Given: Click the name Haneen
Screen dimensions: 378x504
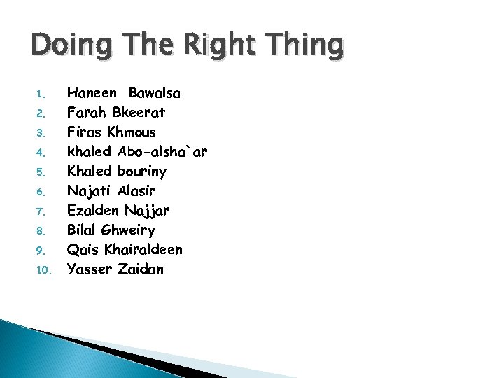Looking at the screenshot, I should click(x=93, y=93).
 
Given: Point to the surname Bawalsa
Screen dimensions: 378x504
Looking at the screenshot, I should click(x=155, y=93).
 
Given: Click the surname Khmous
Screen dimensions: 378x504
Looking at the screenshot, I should click(x=132, y=132).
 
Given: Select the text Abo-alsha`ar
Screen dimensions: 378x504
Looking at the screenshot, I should click(x=162, y=152).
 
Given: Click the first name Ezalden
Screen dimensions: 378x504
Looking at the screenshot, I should click(x=93, y=211).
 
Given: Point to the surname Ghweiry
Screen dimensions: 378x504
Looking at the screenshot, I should click(x=128, y=230).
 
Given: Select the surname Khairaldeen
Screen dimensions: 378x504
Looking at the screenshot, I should click(x=143, y=250).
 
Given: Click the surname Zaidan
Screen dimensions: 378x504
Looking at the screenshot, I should click(x=141, y=269).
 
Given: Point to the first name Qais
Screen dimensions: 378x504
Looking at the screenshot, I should click(x=83, y=250).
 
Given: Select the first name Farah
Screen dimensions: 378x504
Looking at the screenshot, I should click(x=87, y=113).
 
